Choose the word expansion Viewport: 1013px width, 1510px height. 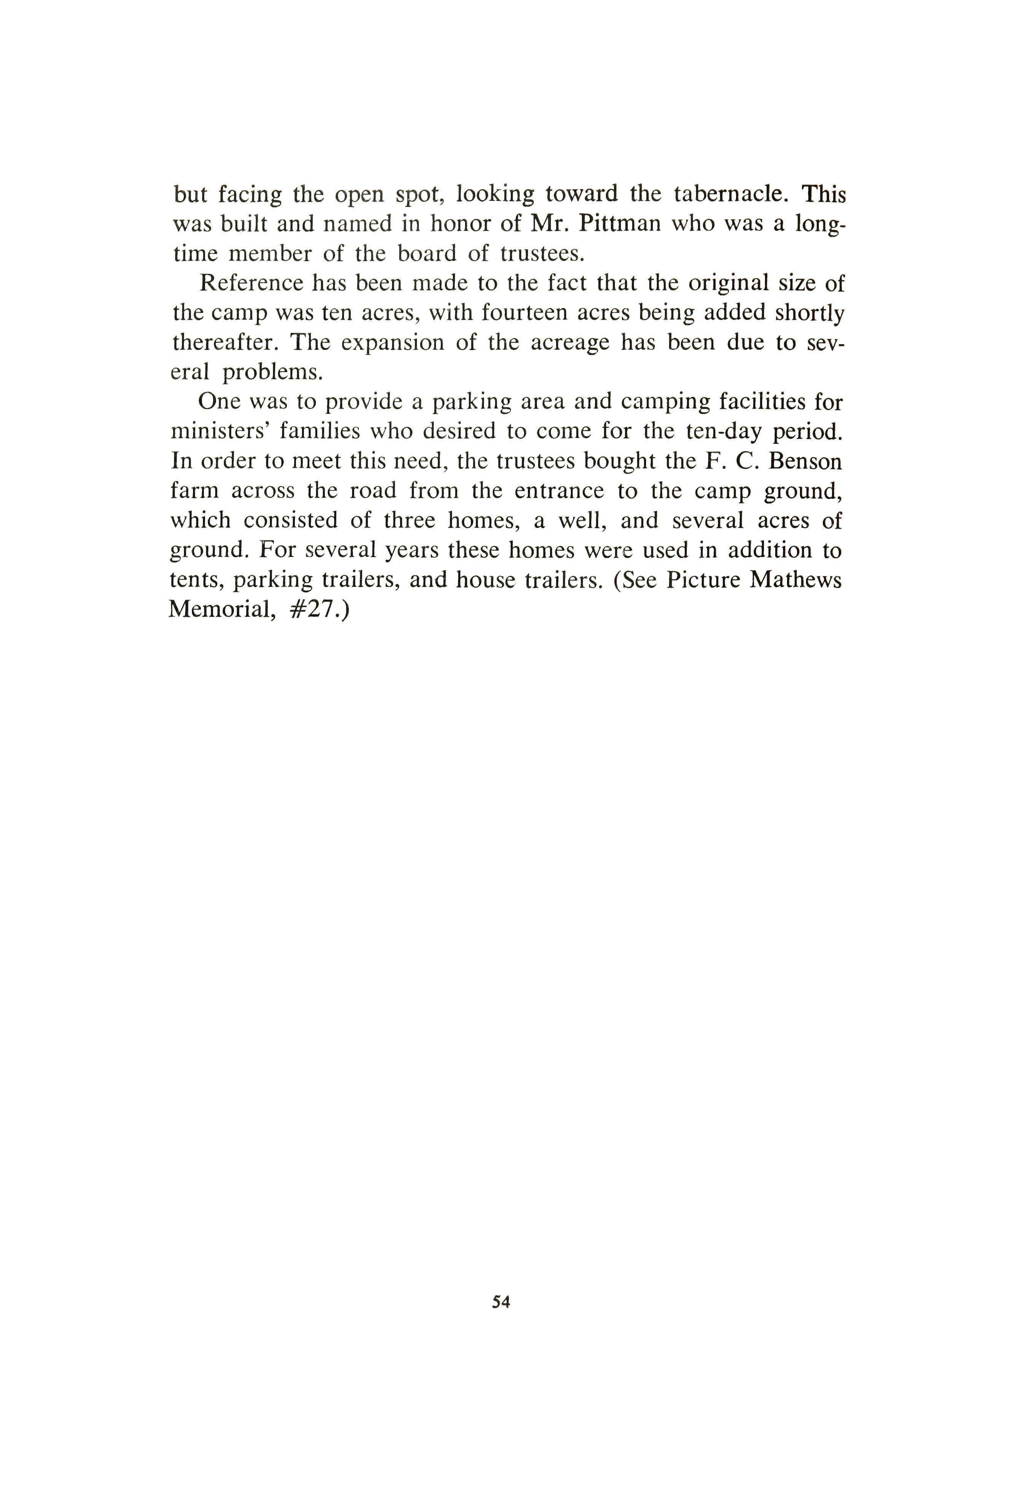pos(392,343)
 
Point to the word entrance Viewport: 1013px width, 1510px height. pos(559,491)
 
